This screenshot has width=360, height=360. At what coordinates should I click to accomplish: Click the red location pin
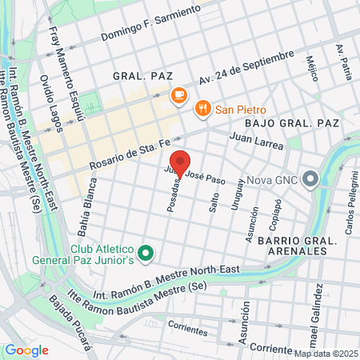click(x=180, y=162)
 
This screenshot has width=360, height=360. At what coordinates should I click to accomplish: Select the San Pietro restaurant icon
click(x=203, y=108)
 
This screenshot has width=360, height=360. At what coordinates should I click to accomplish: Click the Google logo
click(x=26, y=350)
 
